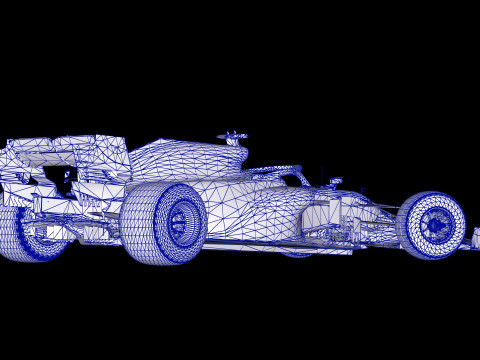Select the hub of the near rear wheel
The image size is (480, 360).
tap(180, 221)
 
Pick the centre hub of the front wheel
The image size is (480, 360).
tap(435, 225)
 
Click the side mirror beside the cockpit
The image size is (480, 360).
tap(335, 182)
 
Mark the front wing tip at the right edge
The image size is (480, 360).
tap(475, 238)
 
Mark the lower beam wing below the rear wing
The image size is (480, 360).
tap(60, 205)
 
